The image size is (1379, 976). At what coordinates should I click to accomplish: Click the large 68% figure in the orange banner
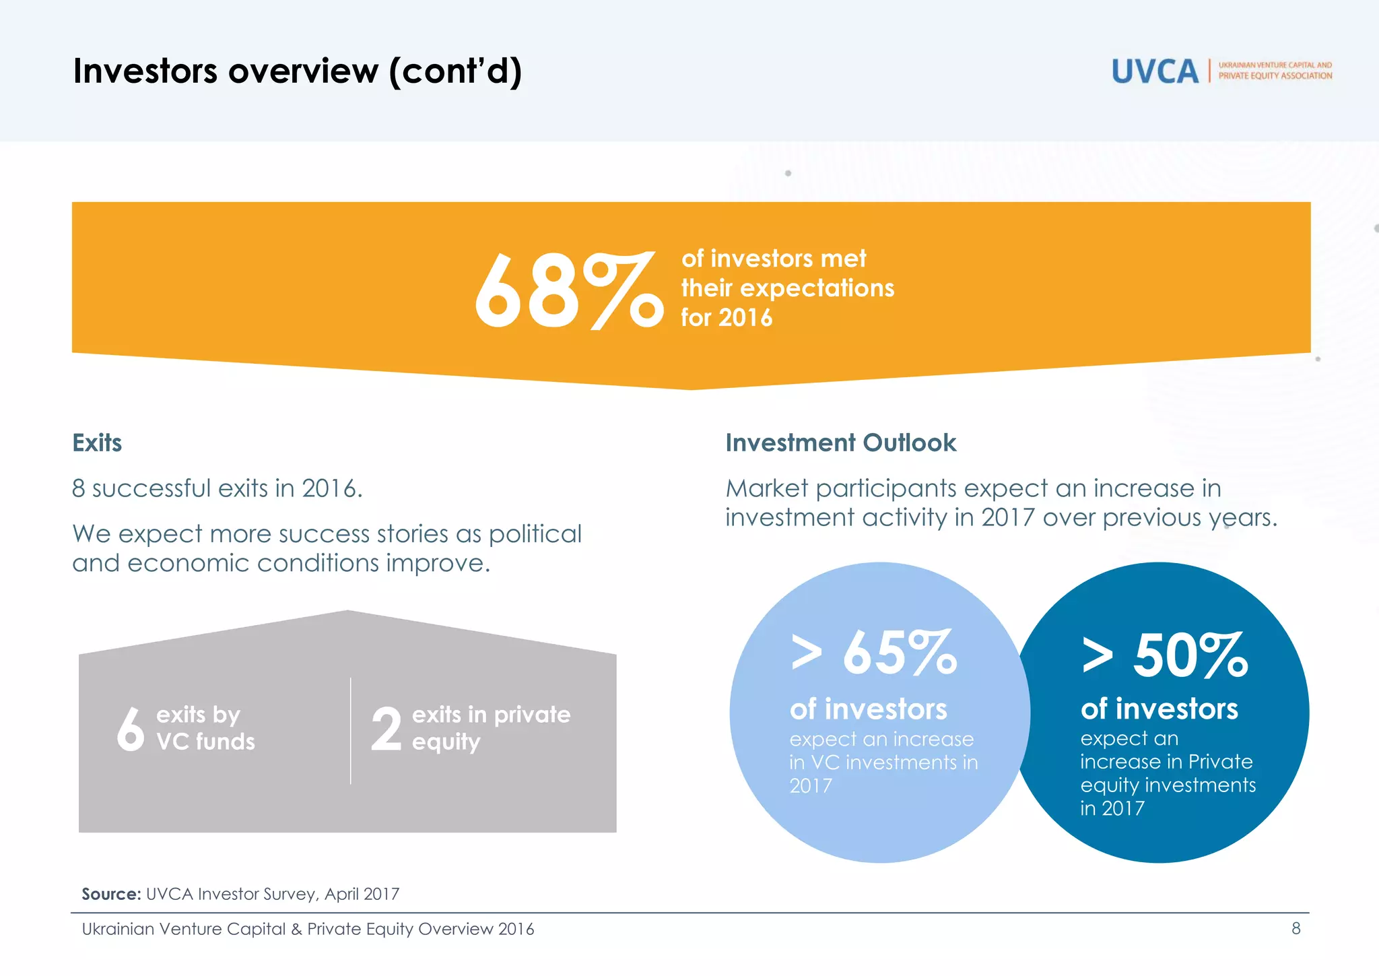[568, 292]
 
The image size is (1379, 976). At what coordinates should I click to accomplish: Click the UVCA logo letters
[1155, 71]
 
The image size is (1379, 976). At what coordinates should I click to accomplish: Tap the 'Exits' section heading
[97, 443]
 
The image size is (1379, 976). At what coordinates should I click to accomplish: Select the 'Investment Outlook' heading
[840, 443]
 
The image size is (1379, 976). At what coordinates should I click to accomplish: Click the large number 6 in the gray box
[130, 729]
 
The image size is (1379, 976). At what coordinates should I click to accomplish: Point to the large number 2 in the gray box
[386, 729]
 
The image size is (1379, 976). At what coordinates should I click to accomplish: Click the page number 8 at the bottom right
[1296, 928]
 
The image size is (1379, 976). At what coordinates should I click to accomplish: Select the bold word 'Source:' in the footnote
[111, 894]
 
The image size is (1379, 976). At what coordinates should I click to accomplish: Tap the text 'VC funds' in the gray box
[205, 742]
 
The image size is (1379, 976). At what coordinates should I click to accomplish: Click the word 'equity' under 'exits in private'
[446, 742]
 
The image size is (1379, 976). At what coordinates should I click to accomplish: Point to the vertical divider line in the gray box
[351, 731]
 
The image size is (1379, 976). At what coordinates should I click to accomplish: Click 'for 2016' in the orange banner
[726, 317]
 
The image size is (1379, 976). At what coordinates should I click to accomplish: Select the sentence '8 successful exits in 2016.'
[217, 488]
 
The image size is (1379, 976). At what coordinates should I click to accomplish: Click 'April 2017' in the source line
[362, 894]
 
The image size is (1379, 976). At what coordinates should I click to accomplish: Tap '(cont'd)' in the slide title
[455, 71]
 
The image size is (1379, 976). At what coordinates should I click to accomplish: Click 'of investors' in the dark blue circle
[1159, 709]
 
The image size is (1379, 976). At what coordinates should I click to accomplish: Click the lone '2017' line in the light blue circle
[811, 785]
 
